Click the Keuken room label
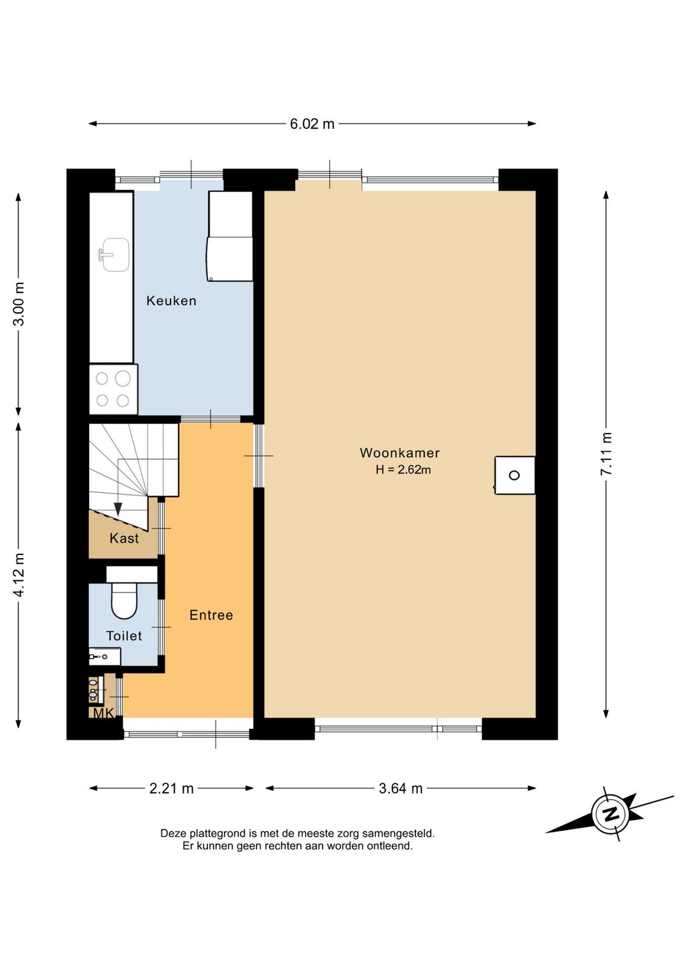171,301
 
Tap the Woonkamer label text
399,453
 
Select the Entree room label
211,615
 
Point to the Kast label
124,538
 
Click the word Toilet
124,636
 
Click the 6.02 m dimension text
312,124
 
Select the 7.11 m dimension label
606,454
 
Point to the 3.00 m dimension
18,303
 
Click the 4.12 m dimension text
18,574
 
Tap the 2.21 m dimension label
171,789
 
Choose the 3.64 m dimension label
401,789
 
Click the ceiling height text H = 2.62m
403,469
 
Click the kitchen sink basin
115,255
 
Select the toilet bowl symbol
124,600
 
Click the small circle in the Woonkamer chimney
514,475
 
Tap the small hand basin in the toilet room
104,657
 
